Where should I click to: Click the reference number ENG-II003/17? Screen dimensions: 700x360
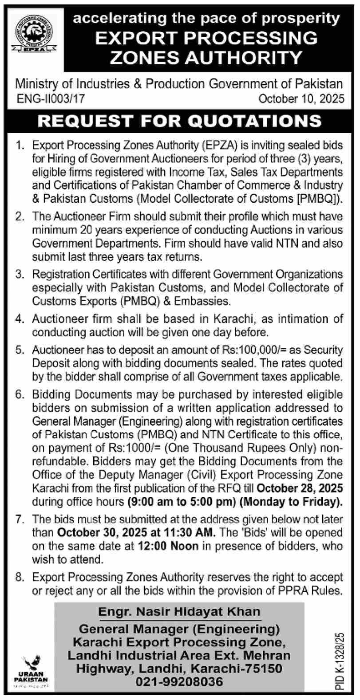(49, 98)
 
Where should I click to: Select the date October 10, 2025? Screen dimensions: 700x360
(301, 98)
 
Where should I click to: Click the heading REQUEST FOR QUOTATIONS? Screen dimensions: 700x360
(179, 121)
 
